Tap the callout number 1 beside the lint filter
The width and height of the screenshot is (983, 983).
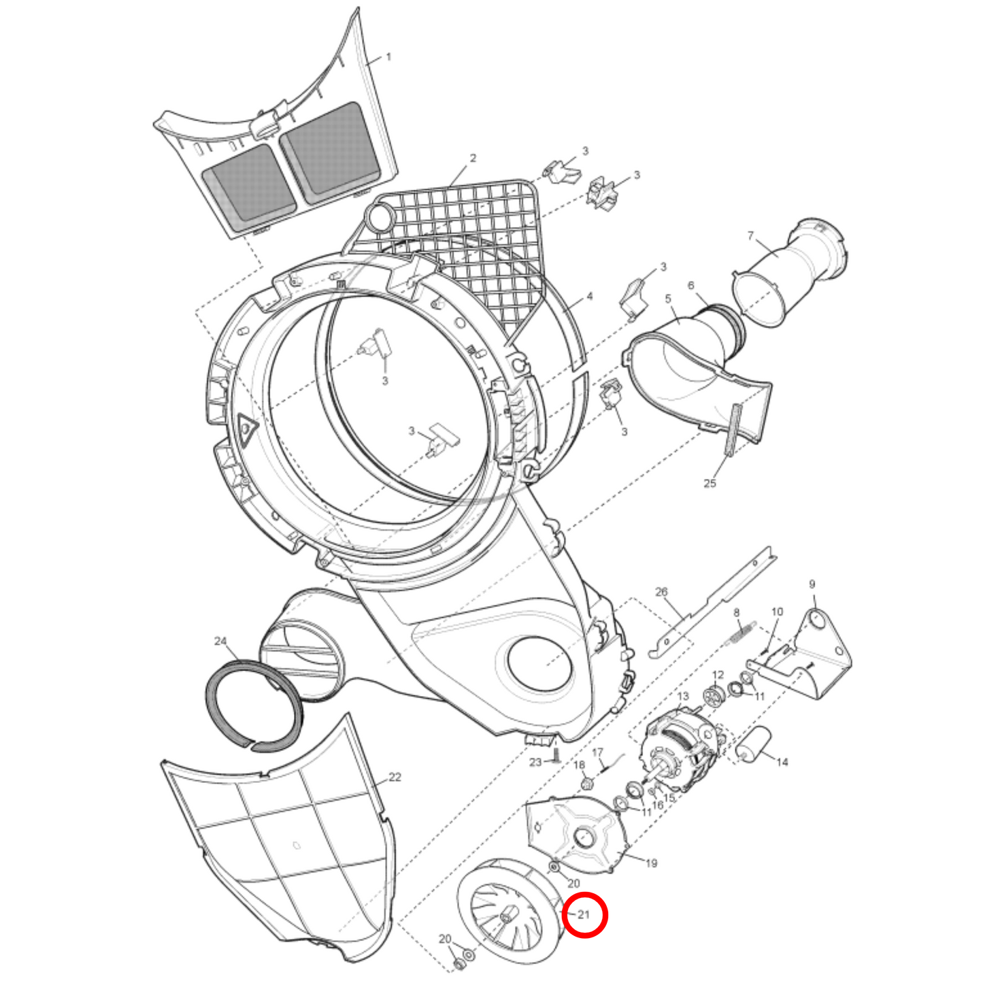[388, 56]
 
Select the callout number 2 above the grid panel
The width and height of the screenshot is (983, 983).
[473, 158]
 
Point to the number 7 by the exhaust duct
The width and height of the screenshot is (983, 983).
[750, 235]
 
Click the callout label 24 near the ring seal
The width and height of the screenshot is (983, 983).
[220, 641]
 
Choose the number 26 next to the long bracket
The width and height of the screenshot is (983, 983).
[661, 592]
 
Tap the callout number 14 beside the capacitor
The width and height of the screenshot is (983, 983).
[782, 762]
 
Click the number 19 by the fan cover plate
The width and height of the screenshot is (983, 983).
[652, 863]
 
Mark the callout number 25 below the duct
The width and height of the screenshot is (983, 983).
[710, 482]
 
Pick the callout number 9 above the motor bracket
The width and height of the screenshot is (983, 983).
[812, 584]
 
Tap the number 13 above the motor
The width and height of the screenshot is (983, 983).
[682, 697]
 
